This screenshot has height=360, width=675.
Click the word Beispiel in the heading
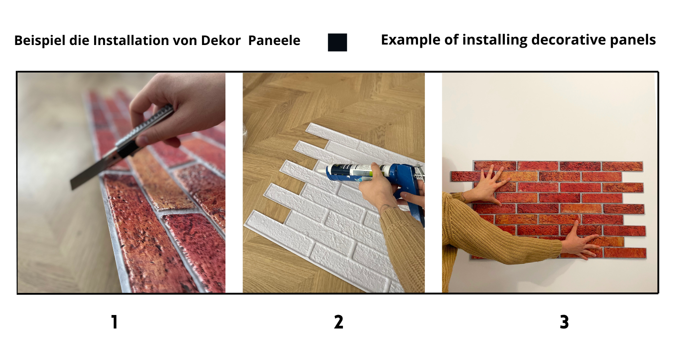point(36,40)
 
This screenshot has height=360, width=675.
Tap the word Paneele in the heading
point(274,40)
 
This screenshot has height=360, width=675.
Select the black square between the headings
point(337,42)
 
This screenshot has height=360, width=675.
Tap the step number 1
point(114,322)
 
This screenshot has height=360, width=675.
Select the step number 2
point(338,322)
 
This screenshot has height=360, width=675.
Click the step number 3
point(564,322)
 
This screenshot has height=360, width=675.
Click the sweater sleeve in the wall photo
point(495,238)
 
